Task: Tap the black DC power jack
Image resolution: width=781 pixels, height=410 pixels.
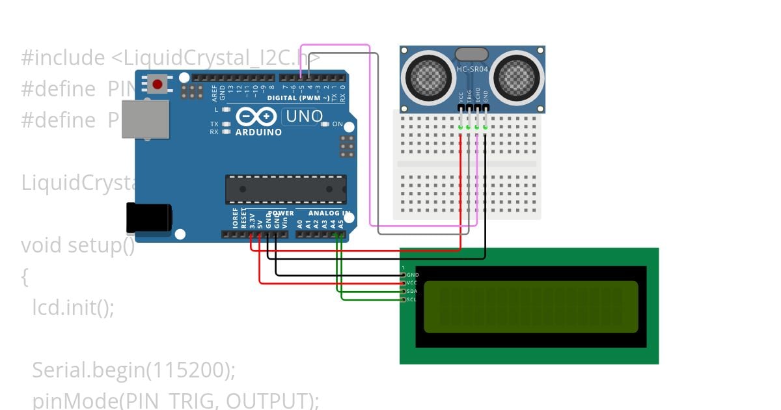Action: [x=148, y=217]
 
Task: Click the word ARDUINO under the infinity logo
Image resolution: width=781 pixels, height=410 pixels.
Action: [x=258, y=132]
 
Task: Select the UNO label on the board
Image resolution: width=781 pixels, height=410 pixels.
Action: [x=303, y=117]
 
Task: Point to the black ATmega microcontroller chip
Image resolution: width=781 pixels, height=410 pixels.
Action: [x=286, y=189]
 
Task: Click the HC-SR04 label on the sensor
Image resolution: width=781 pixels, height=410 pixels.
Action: [x=472, y=69]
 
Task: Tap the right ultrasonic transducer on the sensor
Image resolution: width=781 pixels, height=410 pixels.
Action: [x=517, y=75]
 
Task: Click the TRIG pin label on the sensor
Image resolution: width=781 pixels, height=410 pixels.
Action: [x=469, y=95]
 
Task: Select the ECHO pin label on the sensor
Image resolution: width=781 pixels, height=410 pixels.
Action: [x=477, y=94]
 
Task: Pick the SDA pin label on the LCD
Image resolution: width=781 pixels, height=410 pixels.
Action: [x=411, y=291]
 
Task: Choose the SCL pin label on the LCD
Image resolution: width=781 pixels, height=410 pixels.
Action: [x=411, y=299]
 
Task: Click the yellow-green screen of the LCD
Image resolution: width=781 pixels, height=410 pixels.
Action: [x=530, y=307]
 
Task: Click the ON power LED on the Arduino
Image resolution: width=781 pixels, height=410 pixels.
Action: [x=337, y=124]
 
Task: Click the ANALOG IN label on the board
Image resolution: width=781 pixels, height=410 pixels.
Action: [x=329, y=213]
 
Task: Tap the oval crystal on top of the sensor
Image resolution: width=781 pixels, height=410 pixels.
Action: [x=472, y=53]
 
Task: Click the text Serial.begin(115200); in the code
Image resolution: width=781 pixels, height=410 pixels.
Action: [x=133, y=370]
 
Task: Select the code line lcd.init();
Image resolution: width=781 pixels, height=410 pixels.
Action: [x=73, y=307]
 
